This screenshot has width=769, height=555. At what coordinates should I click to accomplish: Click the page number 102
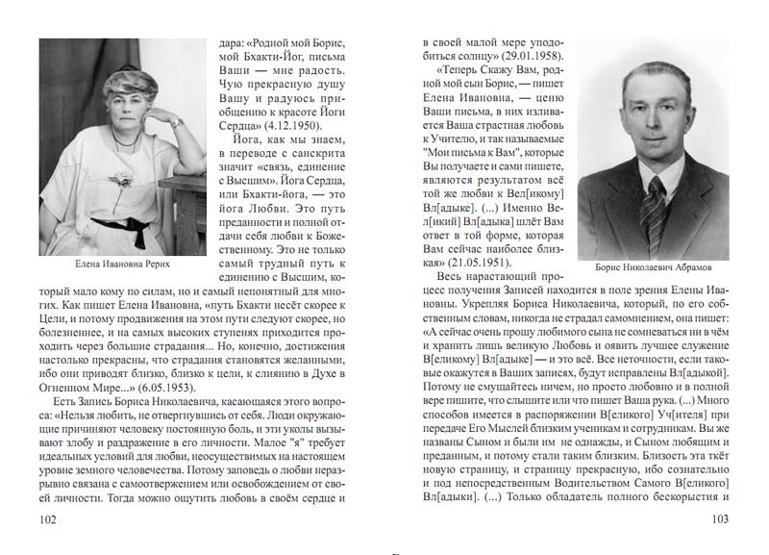pyautogui.click(x=45, y=519)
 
